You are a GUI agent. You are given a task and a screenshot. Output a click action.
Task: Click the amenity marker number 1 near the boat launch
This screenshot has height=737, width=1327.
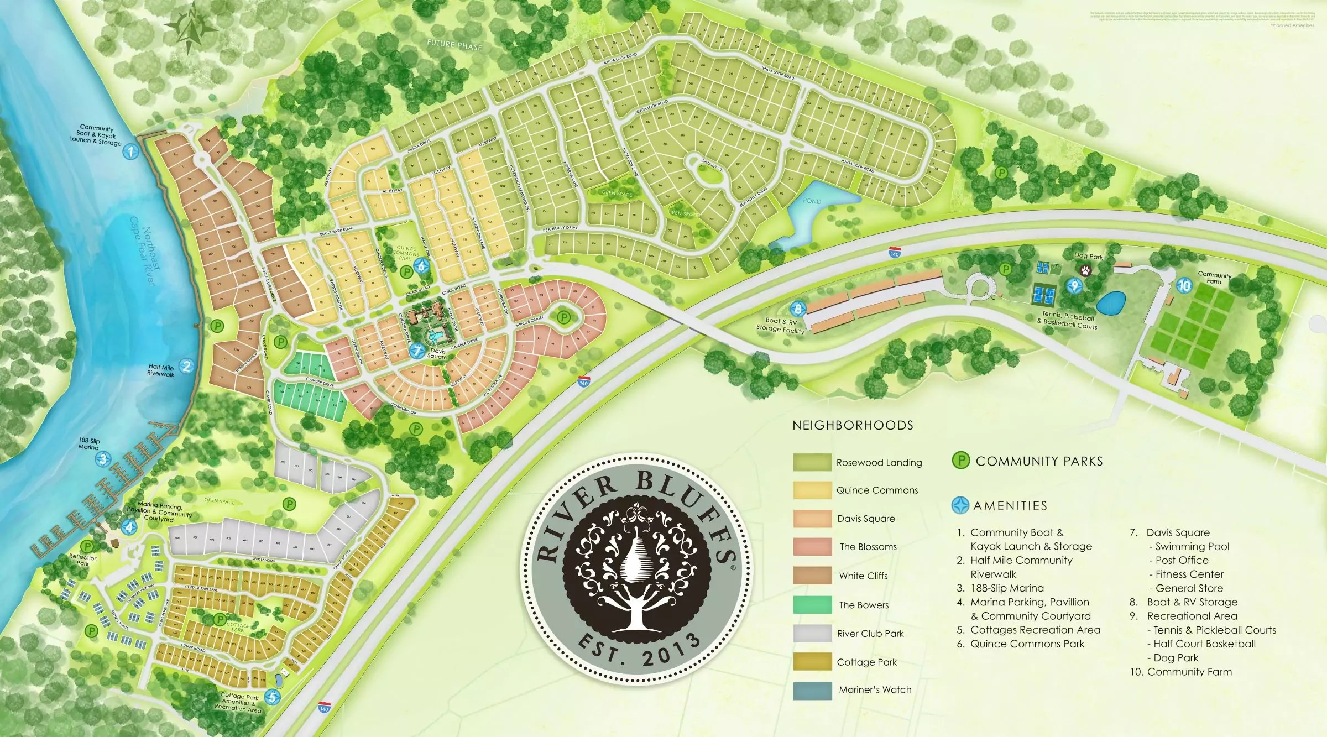click(x=130, y=151)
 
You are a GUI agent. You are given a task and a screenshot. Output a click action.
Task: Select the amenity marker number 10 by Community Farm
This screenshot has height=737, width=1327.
click(x=1184, y=285)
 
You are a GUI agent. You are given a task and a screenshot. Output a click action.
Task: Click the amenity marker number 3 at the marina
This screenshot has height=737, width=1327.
click(x=103, y=459)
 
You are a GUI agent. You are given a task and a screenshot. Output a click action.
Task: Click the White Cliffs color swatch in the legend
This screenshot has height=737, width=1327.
click(x=812, y=575)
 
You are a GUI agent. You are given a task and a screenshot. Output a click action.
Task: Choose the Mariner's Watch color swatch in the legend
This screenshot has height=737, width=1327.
click(x=812, y=691)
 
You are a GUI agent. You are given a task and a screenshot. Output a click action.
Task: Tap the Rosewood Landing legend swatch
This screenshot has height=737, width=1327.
click(x=812, y=462)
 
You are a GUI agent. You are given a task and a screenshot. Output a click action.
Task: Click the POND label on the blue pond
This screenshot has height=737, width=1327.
click(x=812, y=201)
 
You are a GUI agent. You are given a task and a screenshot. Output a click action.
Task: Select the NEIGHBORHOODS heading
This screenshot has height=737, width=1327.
click(x=853, y=425)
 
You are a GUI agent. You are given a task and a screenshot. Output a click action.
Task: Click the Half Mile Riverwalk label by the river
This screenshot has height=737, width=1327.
click(x=160, y=370)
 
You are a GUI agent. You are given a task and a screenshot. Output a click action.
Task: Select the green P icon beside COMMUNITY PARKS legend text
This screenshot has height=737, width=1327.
click(x=961, y=461)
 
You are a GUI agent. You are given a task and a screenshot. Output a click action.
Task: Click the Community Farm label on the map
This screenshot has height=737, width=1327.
click(x=1214, y=278)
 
